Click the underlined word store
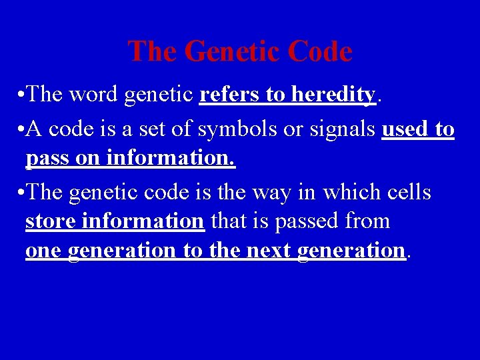(49, 221)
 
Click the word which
(349, 193)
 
